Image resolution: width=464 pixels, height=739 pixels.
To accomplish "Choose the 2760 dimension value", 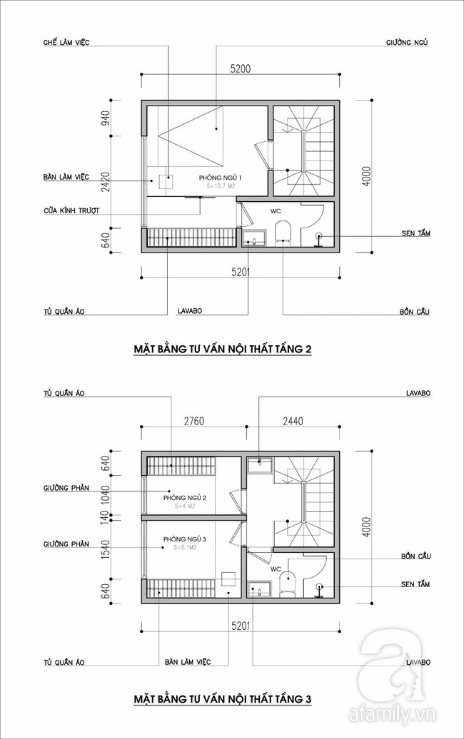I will [193, 421].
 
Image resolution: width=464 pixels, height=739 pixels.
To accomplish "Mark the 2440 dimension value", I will [292, 421].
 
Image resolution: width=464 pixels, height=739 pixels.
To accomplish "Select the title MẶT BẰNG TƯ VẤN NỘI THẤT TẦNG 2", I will [223, 350].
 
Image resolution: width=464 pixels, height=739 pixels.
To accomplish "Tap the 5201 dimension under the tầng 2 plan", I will [241, 272].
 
